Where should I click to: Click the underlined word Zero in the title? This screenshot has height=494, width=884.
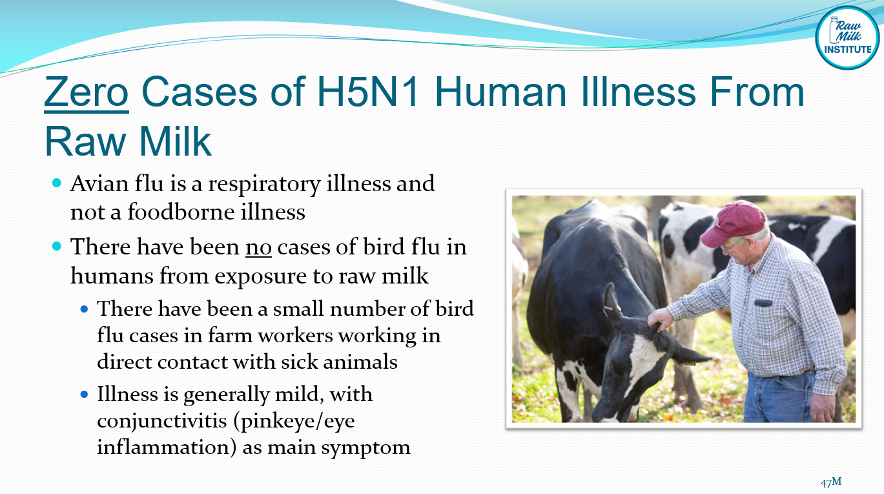(86, 92)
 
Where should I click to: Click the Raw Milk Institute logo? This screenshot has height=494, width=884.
(847, 37)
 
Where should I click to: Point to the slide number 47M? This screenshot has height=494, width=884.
(831, 482)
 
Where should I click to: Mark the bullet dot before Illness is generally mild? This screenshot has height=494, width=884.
(84, 393)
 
